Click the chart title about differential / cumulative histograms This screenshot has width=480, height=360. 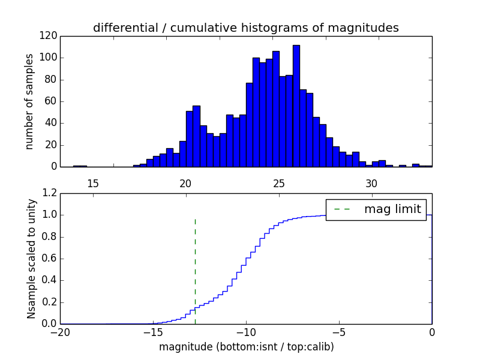tap(245, 28)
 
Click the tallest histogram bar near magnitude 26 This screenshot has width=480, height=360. tap(296, 106)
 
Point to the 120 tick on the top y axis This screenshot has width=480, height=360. tap(49, 36)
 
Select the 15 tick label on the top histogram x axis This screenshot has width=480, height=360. tap(93, 183)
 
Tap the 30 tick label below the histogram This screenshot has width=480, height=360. tap(371, 183)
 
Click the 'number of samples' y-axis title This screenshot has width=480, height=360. tap(29, 101)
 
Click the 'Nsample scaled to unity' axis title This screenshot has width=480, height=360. tap(31, 259)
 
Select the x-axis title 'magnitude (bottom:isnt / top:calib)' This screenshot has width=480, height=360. tap(246, 347)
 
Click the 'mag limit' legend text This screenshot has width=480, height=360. tap(392, 209)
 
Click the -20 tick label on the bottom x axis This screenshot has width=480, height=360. tap(60, 332)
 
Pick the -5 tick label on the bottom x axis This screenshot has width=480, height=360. tap(339, 332)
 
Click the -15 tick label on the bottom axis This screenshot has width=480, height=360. tap(153, 332)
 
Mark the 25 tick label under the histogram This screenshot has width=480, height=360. tap(278, 183)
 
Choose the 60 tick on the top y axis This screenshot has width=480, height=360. tap(52, 101)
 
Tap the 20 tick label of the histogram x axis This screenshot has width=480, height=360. tap(185, 183)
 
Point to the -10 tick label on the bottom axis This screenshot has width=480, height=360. tap(246, 332)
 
